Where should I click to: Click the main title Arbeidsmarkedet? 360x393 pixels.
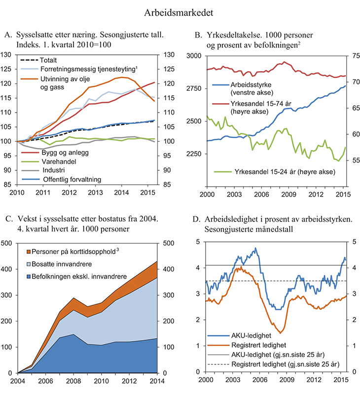point(180,10)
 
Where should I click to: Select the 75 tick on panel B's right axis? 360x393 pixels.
point(351,56)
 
